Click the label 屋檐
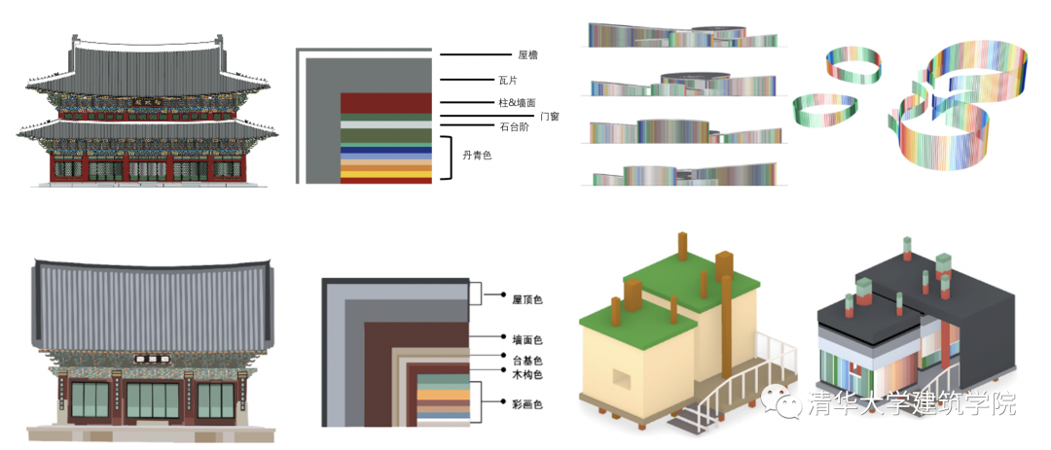[x=528, y=57]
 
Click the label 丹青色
[x=477, y=156]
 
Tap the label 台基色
[x=526, y=361]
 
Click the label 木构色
[x=526, y=374]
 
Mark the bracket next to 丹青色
[x=449, y=158]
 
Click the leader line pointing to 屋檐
[x=474, y=57]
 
